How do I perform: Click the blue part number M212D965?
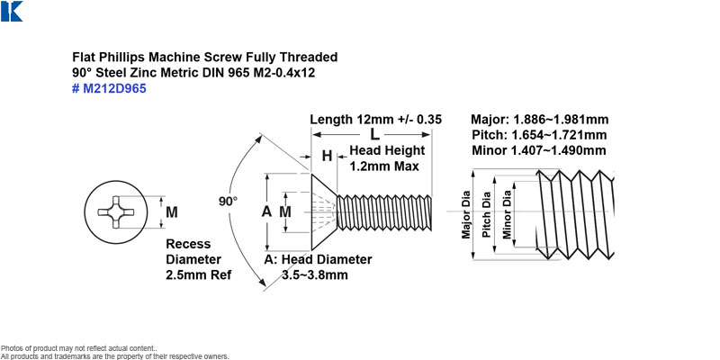tap(109, 88)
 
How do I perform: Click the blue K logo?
tap(12, 11)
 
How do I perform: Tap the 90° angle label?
tap(228, 201)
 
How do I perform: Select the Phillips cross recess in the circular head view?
tap(116, 212)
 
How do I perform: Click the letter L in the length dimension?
tap(375, 135)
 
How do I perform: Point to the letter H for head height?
tap(327, 156)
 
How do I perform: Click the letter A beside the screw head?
tap(266, 211)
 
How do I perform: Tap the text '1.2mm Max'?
tap(384, 166)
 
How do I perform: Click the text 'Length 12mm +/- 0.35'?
tap(375, 120)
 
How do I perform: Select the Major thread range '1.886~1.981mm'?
tap(561, 120)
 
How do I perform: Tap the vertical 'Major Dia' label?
tap(466, 214)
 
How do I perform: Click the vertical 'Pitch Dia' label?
tap(487, 214)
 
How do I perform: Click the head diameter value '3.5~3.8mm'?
tap(314, 275)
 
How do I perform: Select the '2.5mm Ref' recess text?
tap(198, 275)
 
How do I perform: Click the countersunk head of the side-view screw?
tap(324, 211)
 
